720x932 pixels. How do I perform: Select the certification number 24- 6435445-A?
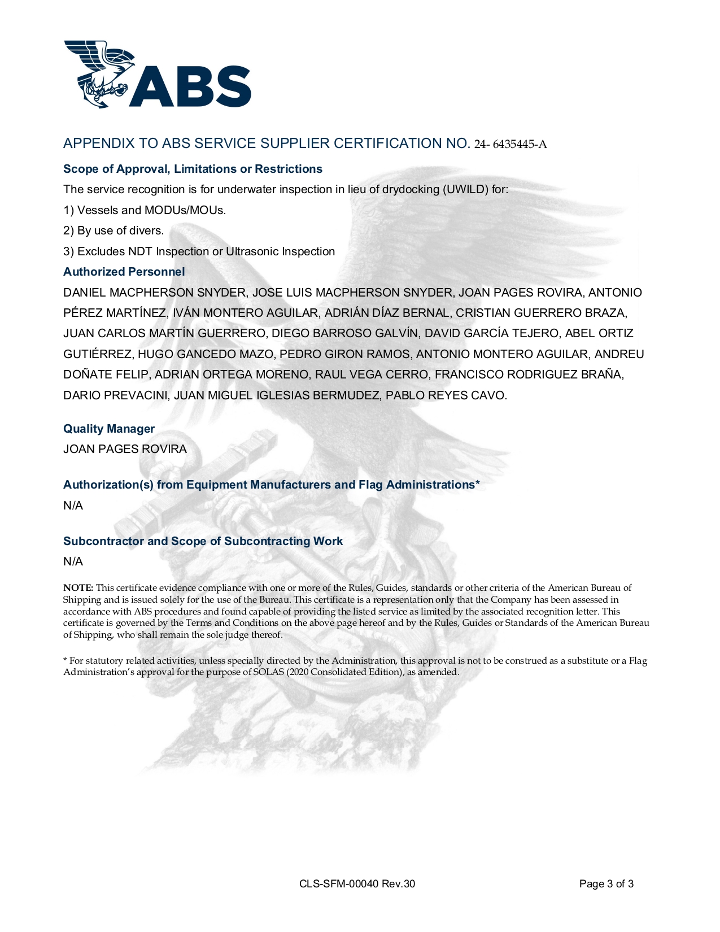click(x=510, y=145)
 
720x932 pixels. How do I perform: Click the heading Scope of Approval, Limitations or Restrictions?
click(x=193, y=169)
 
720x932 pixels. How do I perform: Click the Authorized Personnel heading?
click(x=124, y=272)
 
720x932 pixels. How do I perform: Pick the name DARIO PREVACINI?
click(x=115, y=395)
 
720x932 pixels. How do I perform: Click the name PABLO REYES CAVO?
click(x=446, y=395)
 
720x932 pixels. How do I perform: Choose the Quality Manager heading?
click(x=109, y=429)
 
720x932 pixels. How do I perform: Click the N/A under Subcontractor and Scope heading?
click(x=73, y=561)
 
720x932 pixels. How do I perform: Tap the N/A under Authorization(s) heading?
click(x=73, y=506)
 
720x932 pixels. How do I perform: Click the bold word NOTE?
click(x=78, y=588)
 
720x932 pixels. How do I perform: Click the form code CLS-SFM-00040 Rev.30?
click(x=357, y=884)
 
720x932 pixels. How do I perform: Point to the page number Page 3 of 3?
click(x=606, y=884)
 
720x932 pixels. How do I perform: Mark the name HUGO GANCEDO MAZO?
click(x=206, y=354)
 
